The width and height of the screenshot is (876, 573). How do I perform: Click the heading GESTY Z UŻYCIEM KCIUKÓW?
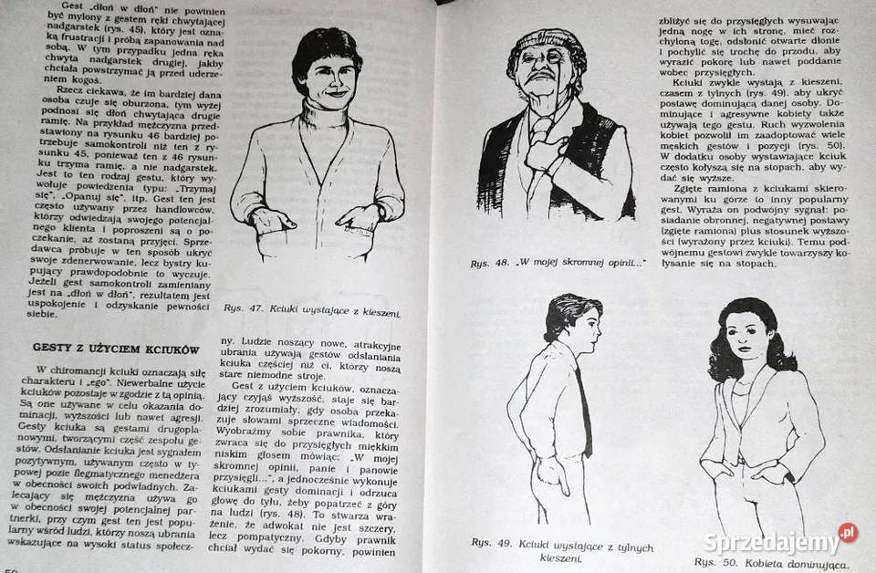point(116,348)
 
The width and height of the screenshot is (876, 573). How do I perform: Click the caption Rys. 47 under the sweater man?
point(311,310)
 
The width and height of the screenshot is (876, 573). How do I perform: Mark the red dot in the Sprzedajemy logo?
point(849,532)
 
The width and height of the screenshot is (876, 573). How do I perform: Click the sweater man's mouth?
point(335,93)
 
